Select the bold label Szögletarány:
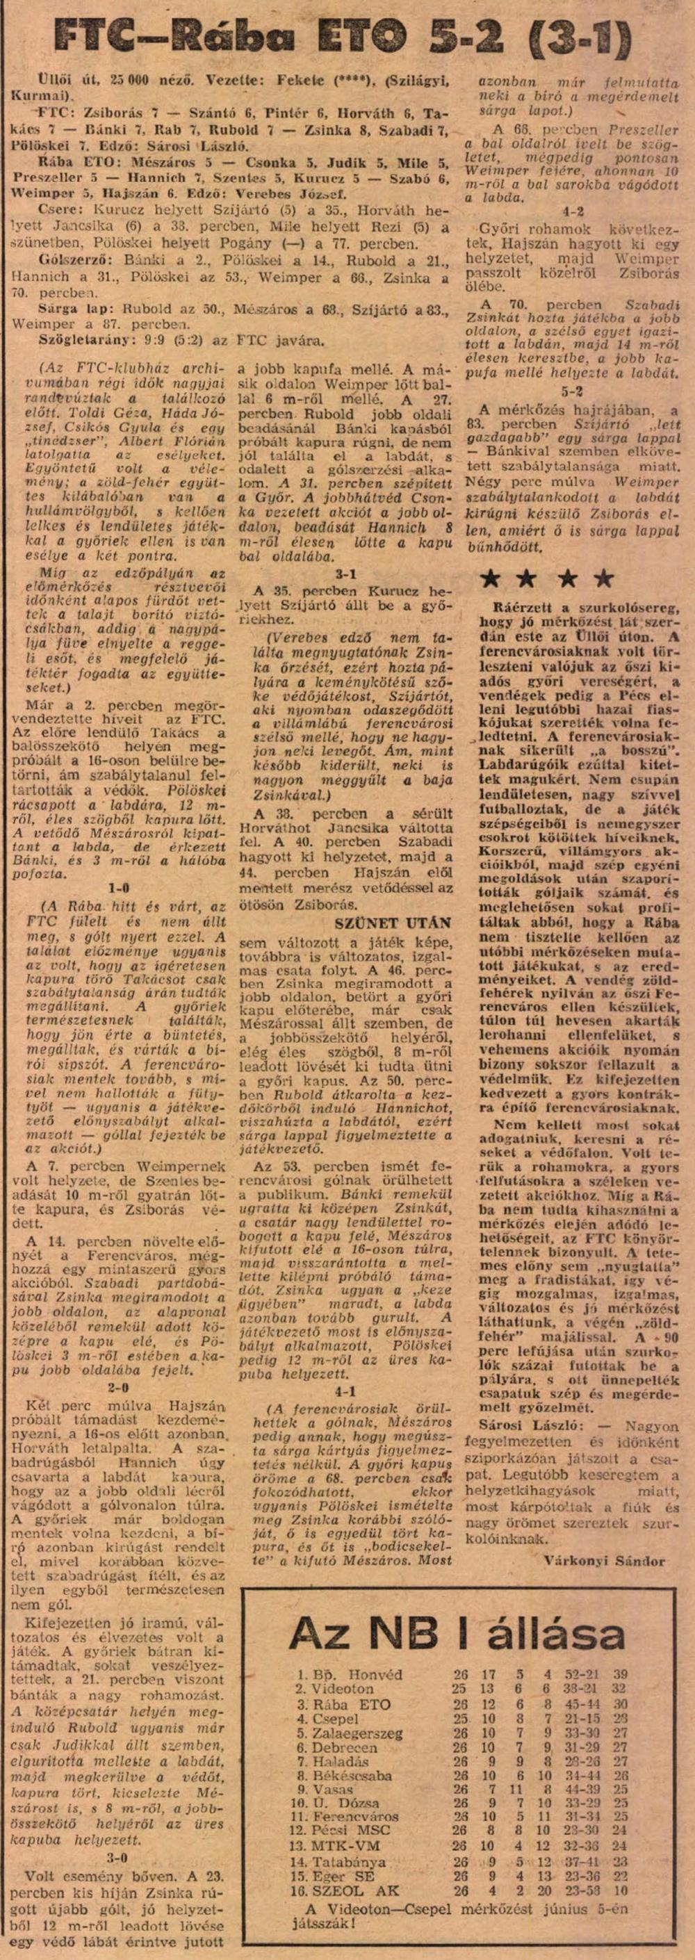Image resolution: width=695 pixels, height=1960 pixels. pyautogui.click(x=79, y=341)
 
